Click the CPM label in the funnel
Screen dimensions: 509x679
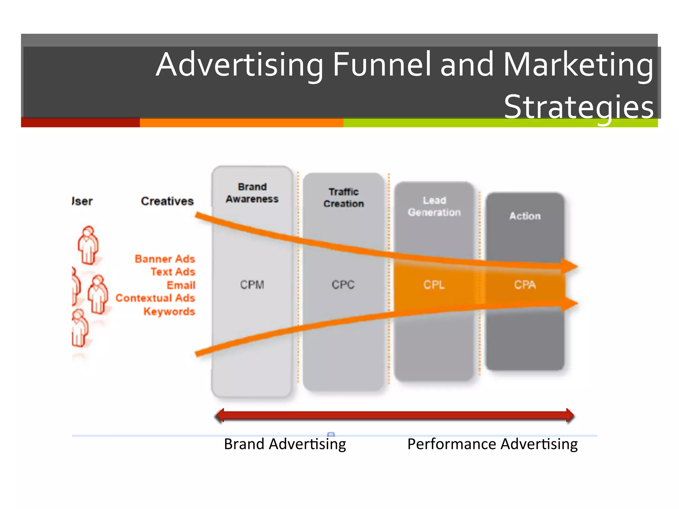coord(252,285)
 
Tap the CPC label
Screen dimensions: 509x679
coord(343,285)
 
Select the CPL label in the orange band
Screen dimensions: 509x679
coord(434,285)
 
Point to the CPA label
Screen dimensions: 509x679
coord(525,285)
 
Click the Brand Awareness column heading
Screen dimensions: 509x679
coord(252,193)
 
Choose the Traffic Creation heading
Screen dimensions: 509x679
coord(344,198)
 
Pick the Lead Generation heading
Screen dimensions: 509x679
coord(434,206)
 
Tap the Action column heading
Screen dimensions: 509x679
coord(525,216)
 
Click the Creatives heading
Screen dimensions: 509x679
coord(167,201)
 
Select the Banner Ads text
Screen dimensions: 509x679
coord(165,259)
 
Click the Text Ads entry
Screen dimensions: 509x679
coord(173,272)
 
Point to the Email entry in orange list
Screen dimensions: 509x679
coord(181,285)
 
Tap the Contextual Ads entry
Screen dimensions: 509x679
coord(155,298)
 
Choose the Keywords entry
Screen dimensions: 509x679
coord(169,311)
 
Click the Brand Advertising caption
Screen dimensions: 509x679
coord(285,444)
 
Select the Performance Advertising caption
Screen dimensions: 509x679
coord(492,444)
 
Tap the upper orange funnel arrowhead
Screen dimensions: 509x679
coord(570,266)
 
